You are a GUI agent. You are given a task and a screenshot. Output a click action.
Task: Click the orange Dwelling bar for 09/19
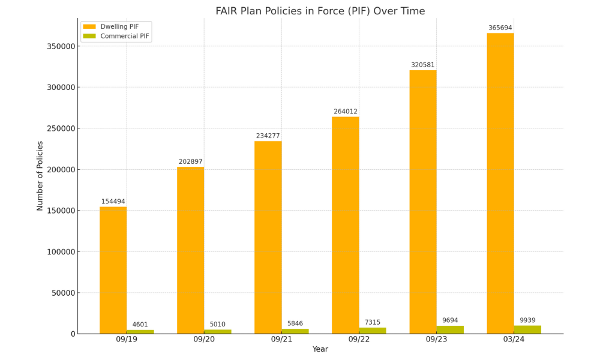click(113, 270)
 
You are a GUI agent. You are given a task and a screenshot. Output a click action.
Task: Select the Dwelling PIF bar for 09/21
click(268, 237)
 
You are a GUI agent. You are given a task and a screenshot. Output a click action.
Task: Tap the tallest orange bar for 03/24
click(500, 183)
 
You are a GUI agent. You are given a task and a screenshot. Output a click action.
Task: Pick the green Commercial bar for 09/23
click(450, 330)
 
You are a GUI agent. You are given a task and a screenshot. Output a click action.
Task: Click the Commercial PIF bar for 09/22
click(373, 331)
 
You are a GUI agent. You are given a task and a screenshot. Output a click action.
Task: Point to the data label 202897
click(190, 162)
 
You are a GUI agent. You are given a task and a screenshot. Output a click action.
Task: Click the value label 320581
click(422, 65)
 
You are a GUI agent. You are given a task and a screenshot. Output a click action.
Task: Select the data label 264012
click(345, 112)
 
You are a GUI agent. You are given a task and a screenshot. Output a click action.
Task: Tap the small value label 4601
click(140, 325)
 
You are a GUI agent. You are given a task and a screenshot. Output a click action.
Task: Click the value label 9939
click(527, 320)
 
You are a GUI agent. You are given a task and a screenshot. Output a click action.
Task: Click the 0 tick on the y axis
click(73, 334)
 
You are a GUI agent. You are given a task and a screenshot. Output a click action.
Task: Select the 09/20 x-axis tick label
click(204, 340)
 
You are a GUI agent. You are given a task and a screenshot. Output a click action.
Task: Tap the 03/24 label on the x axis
click(514, 340)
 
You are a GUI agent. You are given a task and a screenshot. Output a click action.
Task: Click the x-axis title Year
click(320, 349)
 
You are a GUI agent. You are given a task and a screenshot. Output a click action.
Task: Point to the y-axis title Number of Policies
click(40, 176)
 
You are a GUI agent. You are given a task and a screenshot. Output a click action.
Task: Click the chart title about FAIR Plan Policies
click(320, 11)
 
